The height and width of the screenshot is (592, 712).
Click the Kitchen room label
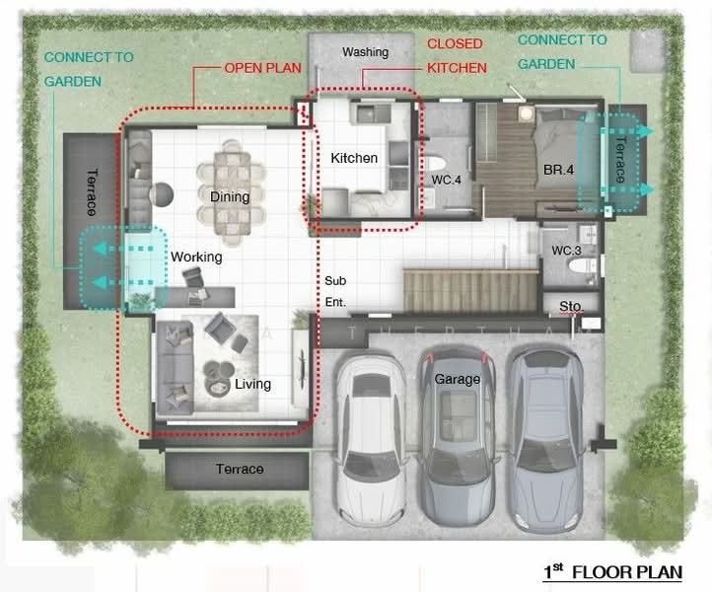354,158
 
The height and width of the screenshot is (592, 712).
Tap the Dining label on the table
230,196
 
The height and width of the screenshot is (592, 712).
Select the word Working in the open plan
196,258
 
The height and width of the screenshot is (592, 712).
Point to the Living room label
252,385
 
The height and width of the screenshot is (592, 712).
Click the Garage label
458,379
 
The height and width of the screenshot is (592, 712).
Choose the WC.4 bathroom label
446,180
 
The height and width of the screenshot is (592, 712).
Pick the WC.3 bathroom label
566,251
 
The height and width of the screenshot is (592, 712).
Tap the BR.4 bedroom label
558,170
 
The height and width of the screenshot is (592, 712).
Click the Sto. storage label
571,306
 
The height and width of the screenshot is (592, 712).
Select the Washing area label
366,52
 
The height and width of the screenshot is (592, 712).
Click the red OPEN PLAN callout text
263,68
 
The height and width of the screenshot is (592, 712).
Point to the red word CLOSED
455,43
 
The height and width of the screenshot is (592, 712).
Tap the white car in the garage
372,439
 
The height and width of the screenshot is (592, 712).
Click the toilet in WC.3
582,265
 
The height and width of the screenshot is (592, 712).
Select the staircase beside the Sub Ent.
470,291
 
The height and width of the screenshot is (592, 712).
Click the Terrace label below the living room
240,469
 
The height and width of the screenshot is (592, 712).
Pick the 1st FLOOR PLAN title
613,572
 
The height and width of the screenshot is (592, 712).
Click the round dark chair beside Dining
161,194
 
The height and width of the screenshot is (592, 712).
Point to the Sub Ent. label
336,291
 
